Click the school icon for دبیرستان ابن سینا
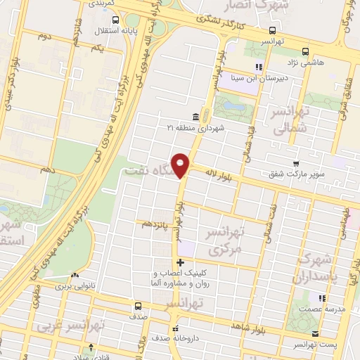coord(259,67)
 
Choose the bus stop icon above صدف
coord(138,306)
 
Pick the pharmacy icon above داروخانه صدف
coord(174,328)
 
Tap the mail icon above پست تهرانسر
coord(315,333)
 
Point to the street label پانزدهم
coord(155,224)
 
